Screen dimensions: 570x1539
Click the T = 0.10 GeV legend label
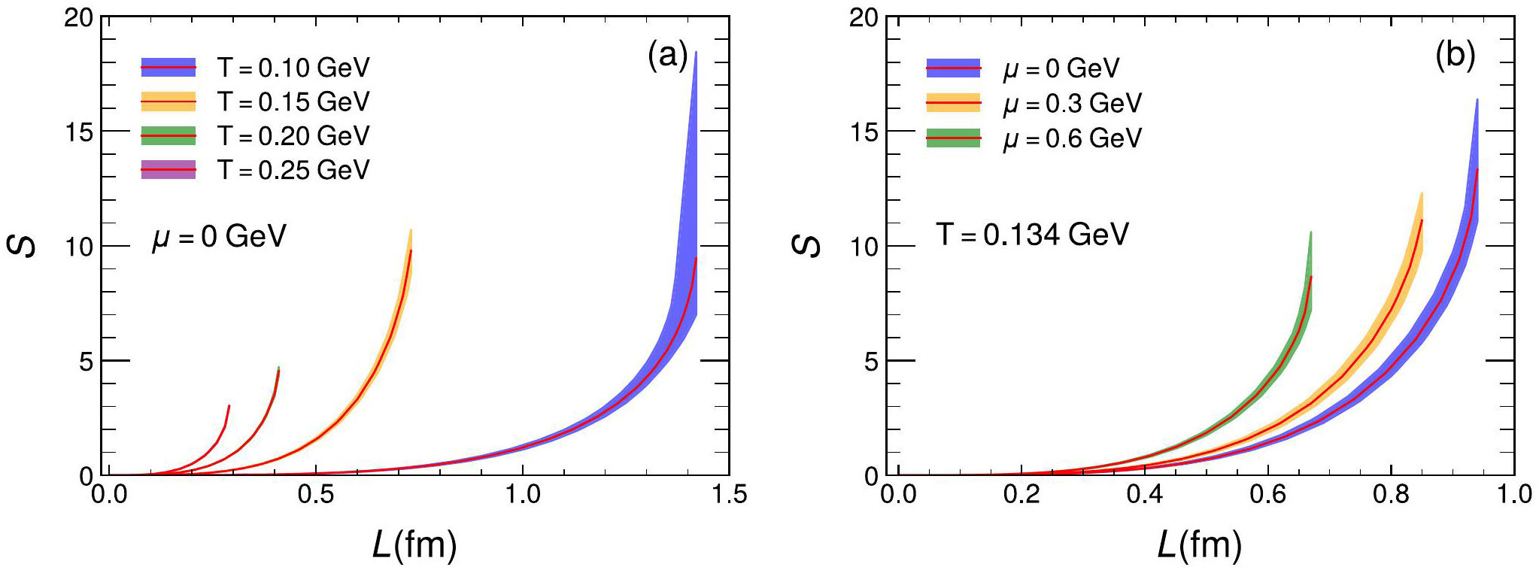coord(293,68)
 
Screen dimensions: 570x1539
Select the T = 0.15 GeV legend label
coord(293,102)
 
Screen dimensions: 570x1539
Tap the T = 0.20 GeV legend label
coord(293,136)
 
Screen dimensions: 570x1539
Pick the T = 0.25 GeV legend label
coord(293,170)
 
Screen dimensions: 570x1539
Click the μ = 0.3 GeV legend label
coord(1073,103)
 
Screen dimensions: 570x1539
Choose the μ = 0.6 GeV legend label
coord(1073,138)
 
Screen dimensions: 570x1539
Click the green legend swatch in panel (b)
coord(953,138)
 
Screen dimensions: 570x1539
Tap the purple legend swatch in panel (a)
coord(168,170)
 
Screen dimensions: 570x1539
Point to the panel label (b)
coord(1455,56)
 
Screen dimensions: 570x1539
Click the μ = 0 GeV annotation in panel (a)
coord(219,236)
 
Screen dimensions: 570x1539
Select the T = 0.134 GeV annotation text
coord(1032,235)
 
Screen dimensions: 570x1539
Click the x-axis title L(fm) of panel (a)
coord(414,544)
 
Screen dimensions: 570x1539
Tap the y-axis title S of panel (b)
coord(806,245)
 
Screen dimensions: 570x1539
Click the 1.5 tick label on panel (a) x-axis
coord(729,494)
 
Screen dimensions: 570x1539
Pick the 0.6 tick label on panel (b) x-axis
coord(1267,494)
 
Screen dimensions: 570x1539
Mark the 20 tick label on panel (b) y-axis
coord(864,17)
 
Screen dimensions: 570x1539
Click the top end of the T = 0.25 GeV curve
coord(229,406)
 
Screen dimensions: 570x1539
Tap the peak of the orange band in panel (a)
coord(411,230)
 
